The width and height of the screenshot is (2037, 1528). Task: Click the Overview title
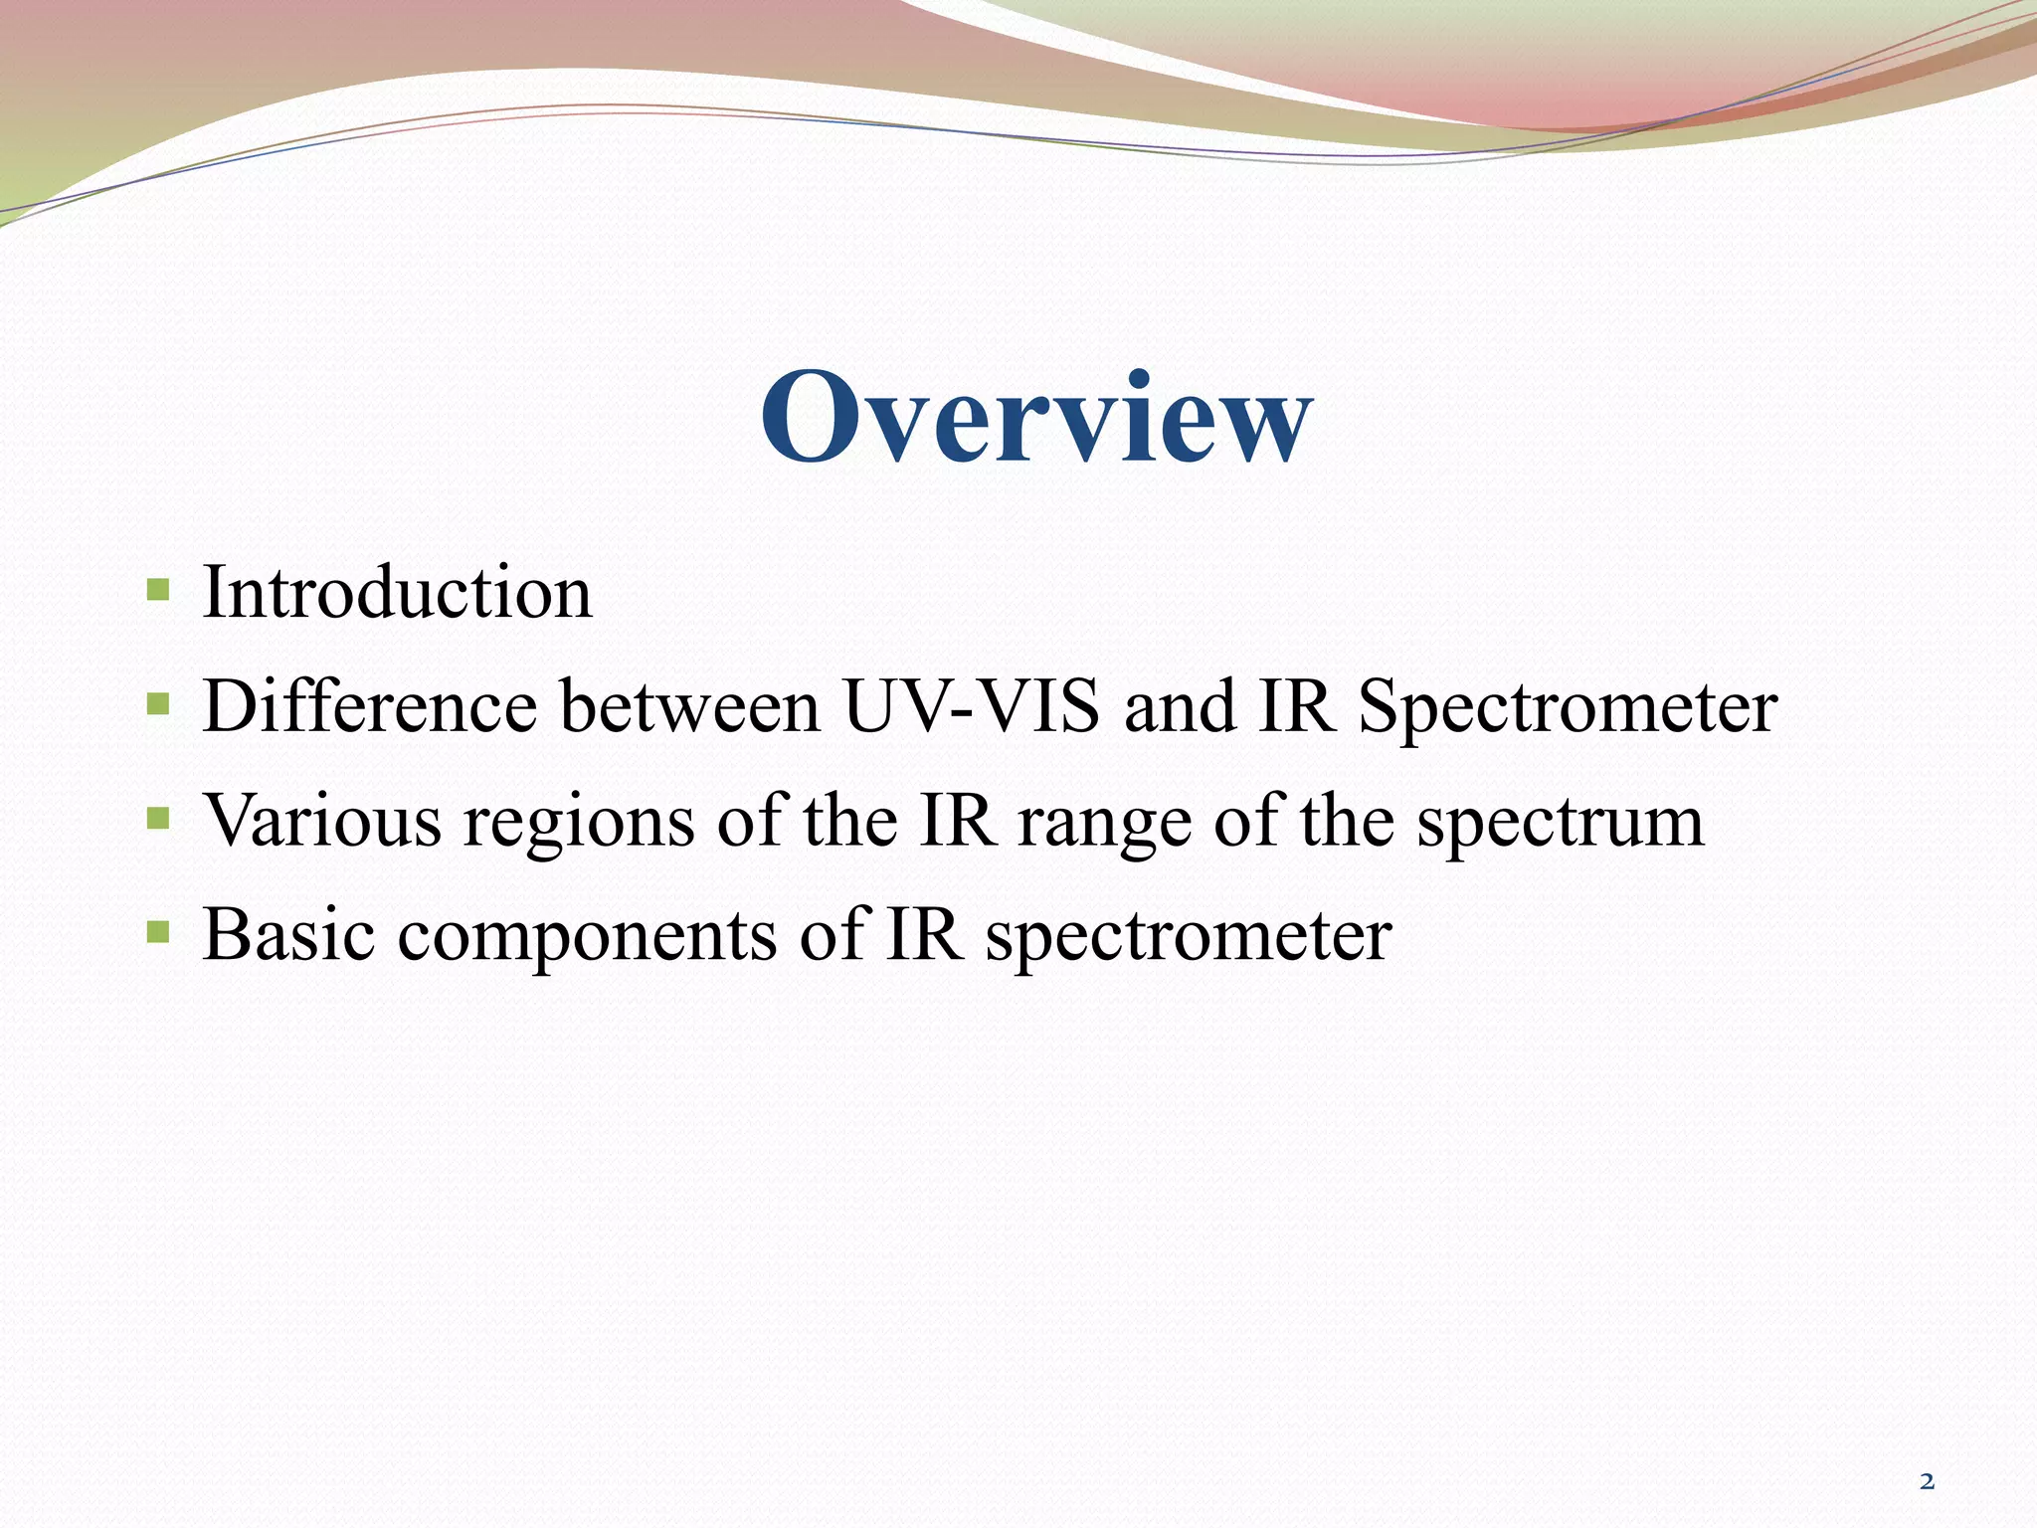[1035, 418]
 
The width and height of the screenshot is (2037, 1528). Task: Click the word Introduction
[397, 593]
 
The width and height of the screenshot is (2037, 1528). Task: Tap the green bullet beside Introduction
[157, 591]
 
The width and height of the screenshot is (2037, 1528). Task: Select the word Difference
[370, 706]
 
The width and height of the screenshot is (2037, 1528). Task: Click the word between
[689, 706]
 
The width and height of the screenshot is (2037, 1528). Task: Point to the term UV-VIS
[972, 706]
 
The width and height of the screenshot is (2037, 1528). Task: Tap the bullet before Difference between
[157, 705]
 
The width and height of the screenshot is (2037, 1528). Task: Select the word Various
[322, 822]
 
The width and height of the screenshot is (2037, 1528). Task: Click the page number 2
[1927, 1481]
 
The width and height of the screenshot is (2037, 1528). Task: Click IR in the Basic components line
[923, 935]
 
